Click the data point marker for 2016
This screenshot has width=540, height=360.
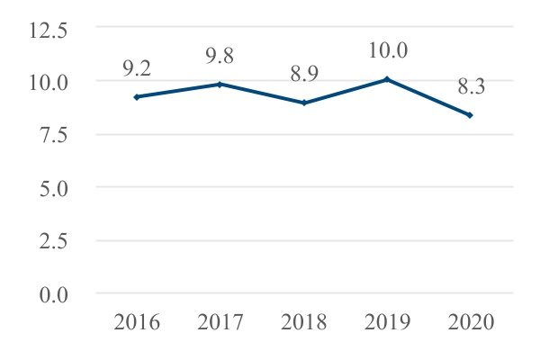coord(136,96)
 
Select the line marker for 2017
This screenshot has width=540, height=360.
coord(220,84)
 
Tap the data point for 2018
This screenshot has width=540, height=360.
coord(304,103)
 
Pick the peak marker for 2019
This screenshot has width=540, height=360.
coord(387,79)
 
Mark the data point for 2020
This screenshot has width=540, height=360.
coord(470,115)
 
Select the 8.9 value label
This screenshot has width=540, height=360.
coord(304,73)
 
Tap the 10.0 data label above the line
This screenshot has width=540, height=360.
coord(387,50)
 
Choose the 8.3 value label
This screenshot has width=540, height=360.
coord(470,85)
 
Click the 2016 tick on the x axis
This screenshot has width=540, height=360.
coord(136,322)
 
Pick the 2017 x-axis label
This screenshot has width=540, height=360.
coord(220,322)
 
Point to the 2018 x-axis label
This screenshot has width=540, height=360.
coord(304,322)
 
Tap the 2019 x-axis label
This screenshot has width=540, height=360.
coord(387,322)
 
